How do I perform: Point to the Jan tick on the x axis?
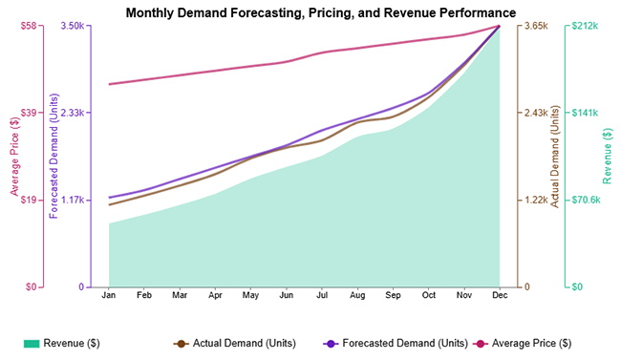pos(109,296)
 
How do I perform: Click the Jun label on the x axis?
pos(286,296)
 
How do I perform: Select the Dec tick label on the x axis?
pos(499,296)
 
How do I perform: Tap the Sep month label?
pos(392,296)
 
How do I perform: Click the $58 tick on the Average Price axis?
pos(28,26)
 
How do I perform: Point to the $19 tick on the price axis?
pos(28,200)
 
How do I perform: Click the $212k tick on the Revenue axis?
pos(584,26)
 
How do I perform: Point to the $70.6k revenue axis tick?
pos(585,200)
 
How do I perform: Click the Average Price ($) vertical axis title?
pos(14,157)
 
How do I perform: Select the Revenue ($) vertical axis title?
pos(608,157)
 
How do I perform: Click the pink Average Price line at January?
pos(109,84)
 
